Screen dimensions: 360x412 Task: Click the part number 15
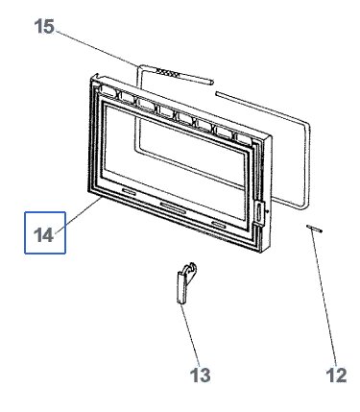pos(44,26)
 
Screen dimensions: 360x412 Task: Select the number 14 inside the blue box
pos(43,235)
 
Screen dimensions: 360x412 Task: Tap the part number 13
pos(201,375)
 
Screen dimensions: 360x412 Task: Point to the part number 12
pos(336,375)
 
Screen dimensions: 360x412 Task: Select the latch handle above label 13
pos(184,282)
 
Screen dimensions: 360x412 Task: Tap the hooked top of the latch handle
pos(191,268)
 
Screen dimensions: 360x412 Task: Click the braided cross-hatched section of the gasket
pos(166,73)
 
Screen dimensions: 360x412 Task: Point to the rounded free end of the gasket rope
pos(210,82)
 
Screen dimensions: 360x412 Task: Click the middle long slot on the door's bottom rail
pos(173,207)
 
